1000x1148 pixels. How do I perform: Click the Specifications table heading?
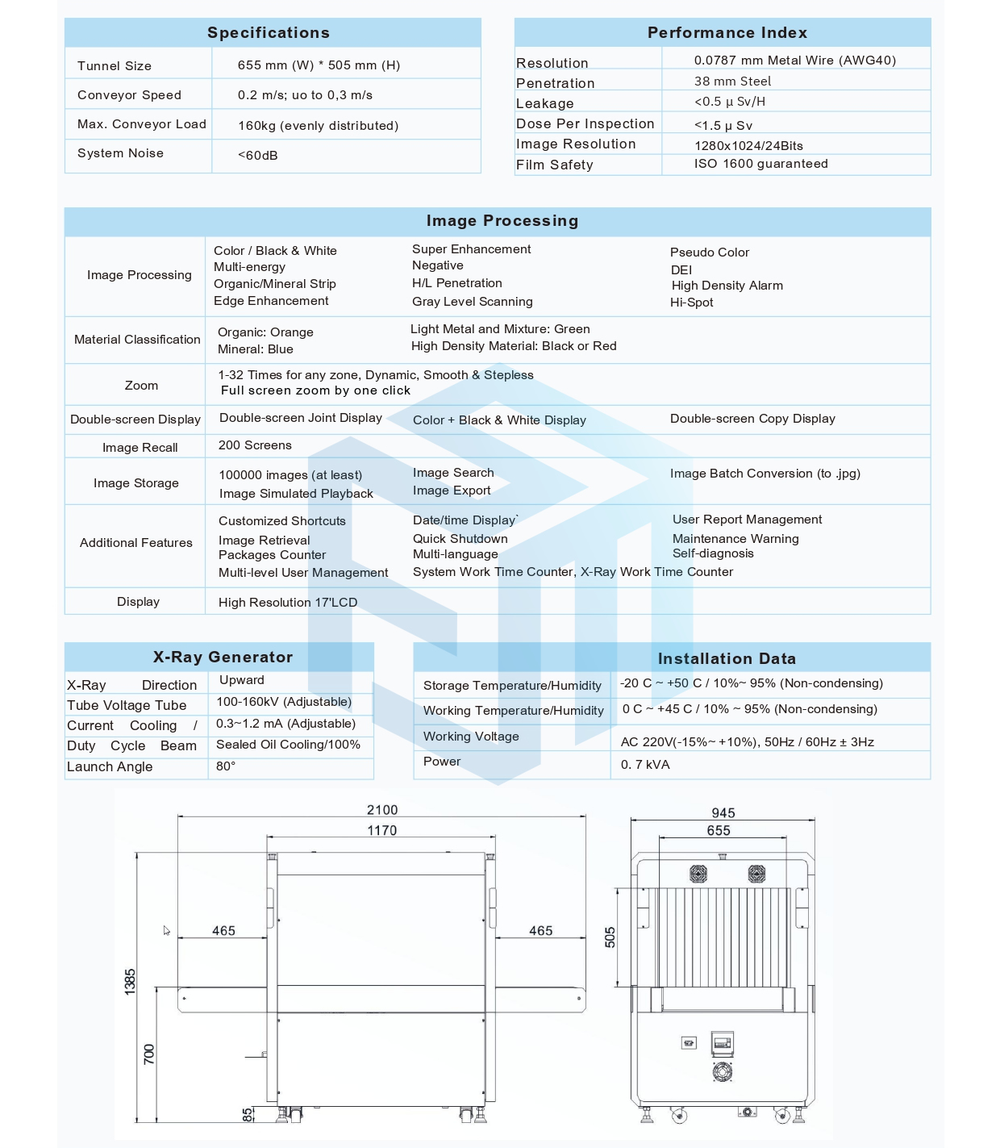(269, 33)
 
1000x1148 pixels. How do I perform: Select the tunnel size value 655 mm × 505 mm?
(319, 65)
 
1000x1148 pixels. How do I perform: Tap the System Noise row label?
(120, 153)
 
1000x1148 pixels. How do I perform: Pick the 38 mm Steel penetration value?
(732, 81)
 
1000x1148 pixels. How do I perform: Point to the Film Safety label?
(555, 165)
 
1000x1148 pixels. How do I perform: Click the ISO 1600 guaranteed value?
(760, 164)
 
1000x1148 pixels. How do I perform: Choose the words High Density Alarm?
(727, 286)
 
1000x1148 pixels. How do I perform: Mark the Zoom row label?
(141, 386)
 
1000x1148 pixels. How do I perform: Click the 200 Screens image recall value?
(255, 445)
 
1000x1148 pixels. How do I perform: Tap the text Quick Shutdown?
(460, 539)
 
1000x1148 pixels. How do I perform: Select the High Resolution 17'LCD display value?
(288, 603)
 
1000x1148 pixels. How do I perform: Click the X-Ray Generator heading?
(223, 657)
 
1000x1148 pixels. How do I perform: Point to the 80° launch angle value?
(226, 766)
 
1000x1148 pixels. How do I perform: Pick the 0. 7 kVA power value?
(645, 765)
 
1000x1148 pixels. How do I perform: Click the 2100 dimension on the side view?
(382, 810)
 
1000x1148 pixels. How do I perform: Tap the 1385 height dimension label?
(131, 982)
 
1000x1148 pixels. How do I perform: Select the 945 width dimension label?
(723, 813)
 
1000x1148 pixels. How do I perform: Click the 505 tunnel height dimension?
(610, 937)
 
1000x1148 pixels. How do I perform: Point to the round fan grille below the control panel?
(723, 1072)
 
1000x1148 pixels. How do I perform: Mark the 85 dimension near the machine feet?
(247, 1114)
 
